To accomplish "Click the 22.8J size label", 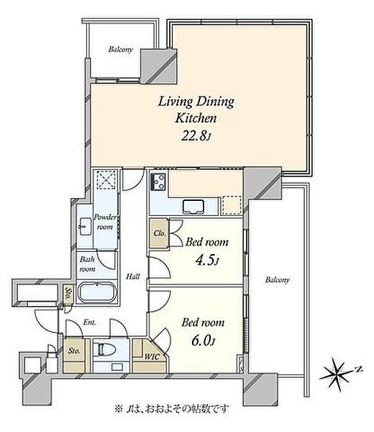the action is tap(196, 135).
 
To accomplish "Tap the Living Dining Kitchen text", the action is tap(196, 110).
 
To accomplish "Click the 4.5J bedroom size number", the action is tap(207, 261).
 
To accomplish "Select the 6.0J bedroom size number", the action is tap(203, 341).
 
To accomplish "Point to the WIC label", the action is tap(152, 357).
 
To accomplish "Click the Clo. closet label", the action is tap(160, 233).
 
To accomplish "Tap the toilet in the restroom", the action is tap(104, 350).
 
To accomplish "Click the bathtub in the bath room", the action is tap(97, 292).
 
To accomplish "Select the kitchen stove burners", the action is tap(158, 181).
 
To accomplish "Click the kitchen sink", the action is tap(193, 207).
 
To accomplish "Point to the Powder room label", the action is tap(106, 222).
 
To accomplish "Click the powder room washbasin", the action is tap(85, 226).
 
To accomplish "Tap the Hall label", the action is tap(133, 276).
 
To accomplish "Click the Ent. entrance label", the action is tap(89, 323).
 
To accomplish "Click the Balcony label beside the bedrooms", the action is tap(277, 280).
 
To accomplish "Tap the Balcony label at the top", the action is tap(121, 50).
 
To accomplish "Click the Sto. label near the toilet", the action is tap(74, 351).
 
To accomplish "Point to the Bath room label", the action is tap(87, 264).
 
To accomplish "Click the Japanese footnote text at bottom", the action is tap(171, 408).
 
